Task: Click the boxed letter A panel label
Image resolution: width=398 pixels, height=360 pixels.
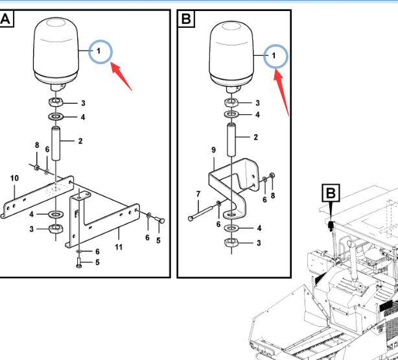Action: (x=6, y=20)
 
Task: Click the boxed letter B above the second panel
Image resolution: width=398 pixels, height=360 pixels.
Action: (x=186, y=20)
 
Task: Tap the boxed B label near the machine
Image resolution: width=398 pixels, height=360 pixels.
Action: (x=331, y=193)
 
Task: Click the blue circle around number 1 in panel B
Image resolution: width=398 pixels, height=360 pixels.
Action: (x=275, y=56)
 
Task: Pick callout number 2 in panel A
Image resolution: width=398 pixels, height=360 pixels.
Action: (x=80, y=141)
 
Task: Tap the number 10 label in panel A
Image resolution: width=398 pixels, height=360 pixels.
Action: (x=14, y=178)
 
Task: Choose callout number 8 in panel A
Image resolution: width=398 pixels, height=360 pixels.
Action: (x=37, y=145)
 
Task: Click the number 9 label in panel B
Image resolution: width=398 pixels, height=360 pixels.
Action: (x=213, y=150)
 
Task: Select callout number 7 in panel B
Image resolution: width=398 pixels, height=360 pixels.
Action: (x=198, y=194)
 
